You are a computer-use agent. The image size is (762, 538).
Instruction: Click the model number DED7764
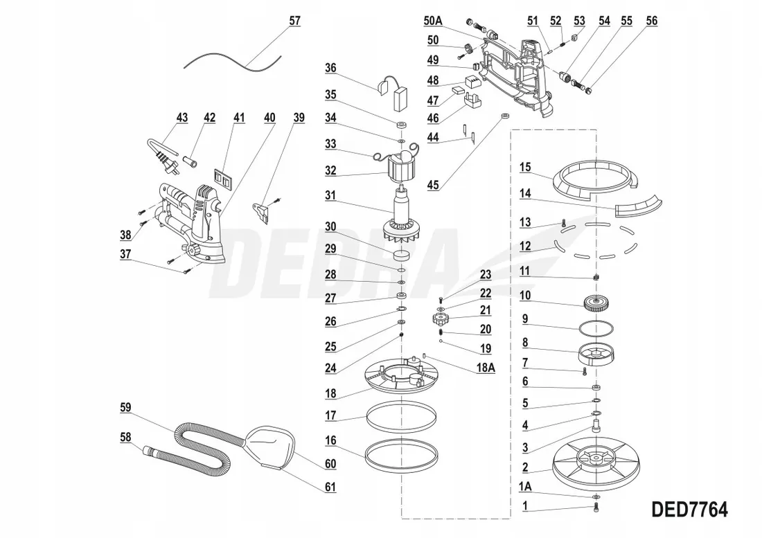(x=689, y=510)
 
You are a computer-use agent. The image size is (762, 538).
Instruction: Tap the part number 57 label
(x=294, y=21)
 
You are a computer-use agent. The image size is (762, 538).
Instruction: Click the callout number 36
(x=330, y=68)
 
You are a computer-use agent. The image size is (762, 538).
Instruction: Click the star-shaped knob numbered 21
(x=441, y=319)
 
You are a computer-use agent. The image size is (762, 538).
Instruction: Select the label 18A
(x=486, y=367)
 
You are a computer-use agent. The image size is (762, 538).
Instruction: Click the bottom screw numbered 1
(x=596, y=507)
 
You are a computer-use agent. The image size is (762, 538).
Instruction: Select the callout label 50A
(x=432, y=20)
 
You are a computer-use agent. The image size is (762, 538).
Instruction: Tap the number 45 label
(x=432, y=185)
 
